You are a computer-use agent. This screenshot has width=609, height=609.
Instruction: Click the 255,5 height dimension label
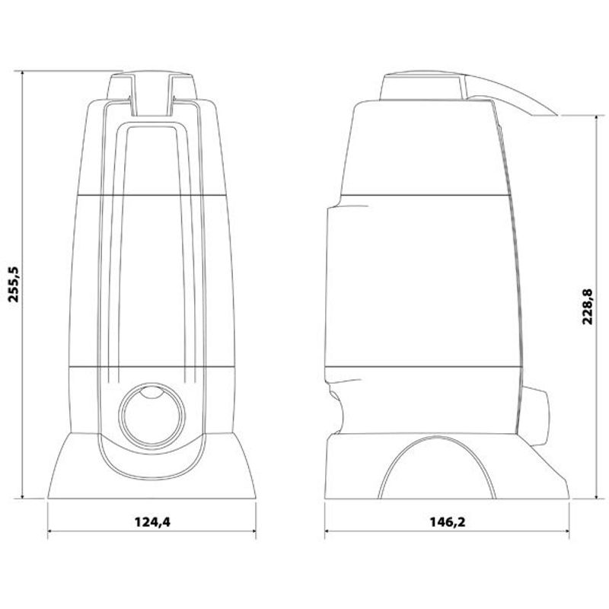click(14, 285)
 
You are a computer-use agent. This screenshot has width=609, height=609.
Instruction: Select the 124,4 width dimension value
click(152, 522)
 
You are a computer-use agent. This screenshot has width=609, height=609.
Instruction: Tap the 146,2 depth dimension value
click(448, 522)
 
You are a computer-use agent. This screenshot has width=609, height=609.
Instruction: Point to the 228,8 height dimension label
click(588, 307)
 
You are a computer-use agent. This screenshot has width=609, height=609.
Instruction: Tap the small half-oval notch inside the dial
click(151, 392)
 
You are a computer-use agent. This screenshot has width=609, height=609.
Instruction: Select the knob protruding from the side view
click(536, 416)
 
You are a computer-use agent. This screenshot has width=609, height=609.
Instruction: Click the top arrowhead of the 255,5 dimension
click(23, 74)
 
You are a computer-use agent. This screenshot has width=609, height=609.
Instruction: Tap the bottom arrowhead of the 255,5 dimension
click(23, 496)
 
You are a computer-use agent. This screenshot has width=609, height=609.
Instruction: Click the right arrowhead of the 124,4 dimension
click(253, 531)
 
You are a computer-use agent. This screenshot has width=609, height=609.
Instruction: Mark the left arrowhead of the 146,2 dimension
click(328, 531)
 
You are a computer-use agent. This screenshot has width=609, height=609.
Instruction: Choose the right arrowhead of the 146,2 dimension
click(566, 531)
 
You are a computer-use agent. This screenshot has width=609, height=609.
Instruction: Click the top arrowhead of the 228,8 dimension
click(597, 118)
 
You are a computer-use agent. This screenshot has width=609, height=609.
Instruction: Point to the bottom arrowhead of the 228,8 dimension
click(597, 496)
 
